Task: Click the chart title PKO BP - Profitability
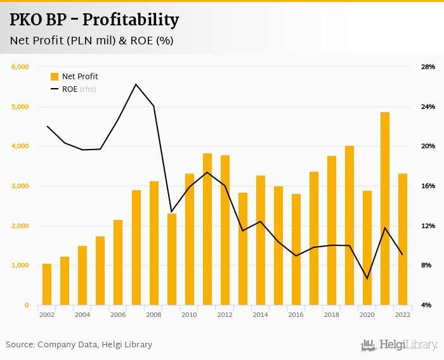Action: (x=94, y=20)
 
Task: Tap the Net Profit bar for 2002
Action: (x=47, y=284)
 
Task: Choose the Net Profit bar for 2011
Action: (x=207, y=229)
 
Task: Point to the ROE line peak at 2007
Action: (x=136, y=84)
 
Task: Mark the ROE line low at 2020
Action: (x=367, y=278)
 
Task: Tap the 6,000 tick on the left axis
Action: (x=20, y=67)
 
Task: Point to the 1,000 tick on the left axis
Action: (x=20, y=266)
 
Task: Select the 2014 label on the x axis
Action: (x=259, y=314)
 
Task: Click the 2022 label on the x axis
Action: (x=402, y=314)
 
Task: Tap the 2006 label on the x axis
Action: (x=117, y=314)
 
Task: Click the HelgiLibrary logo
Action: (x=399, y=345)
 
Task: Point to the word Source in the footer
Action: (x=20, y=345)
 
